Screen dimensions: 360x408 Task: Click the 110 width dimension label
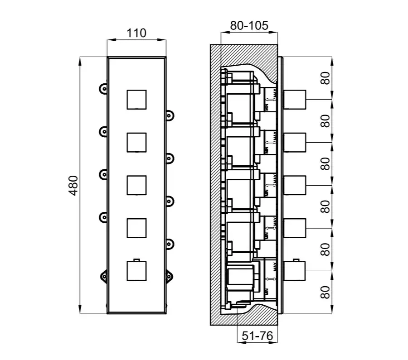point(136,33)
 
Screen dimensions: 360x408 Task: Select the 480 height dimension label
point(74,185)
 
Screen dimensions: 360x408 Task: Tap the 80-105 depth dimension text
point(248,26)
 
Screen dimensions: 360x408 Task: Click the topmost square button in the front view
point(136,100)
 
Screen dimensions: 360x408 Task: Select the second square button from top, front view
point(136,142)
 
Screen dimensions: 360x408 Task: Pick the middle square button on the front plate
point(136,185)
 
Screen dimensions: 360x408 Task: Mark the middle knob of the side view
point(295,185)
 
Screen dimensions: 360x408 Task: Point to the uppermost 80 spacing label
point(325,78)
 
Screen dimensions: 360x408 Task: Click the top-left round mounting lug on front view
point(103,89)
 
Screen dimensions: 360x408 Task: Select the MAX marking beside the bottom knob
point(275,266)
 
